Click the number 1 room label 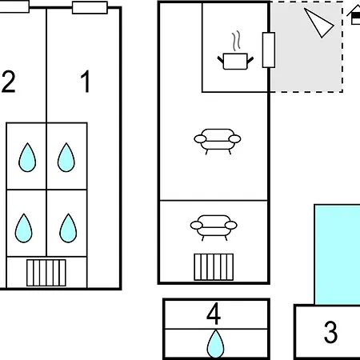click(x=86, y=82)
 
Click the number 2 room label click(x=8, y=82)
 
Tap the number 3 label click(x=330, y=332)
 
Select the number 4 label click(x=214, y=314)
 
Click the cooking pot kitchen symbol click(x=235, y=61)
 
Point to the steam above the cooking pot click(x=236, y=41)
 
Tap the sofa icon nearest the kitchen click(x=218, y=142)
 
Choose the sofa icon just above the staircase click(x=214, y=227)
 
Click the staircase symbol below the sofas click(x=214, y=267)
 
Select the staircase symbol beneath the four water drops click(x=46, y=273)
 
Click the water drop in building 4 click(x=215, y=344)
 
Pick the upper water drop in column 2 click(x=27, y=158)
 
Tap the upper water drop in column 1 click(x=66, y=158)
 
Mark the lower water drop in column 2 click(x=24, y=228)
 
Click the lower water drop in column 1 click(x=68, y=228)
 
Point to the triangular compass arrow click(x=318, y=22)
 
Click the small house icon click(x=354, y=15)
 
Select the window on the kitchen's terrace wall click(x=269, y=50)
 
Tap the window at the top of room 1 click(x=90, y=7)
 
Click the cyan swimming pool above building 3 click(x=337, y=254)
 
